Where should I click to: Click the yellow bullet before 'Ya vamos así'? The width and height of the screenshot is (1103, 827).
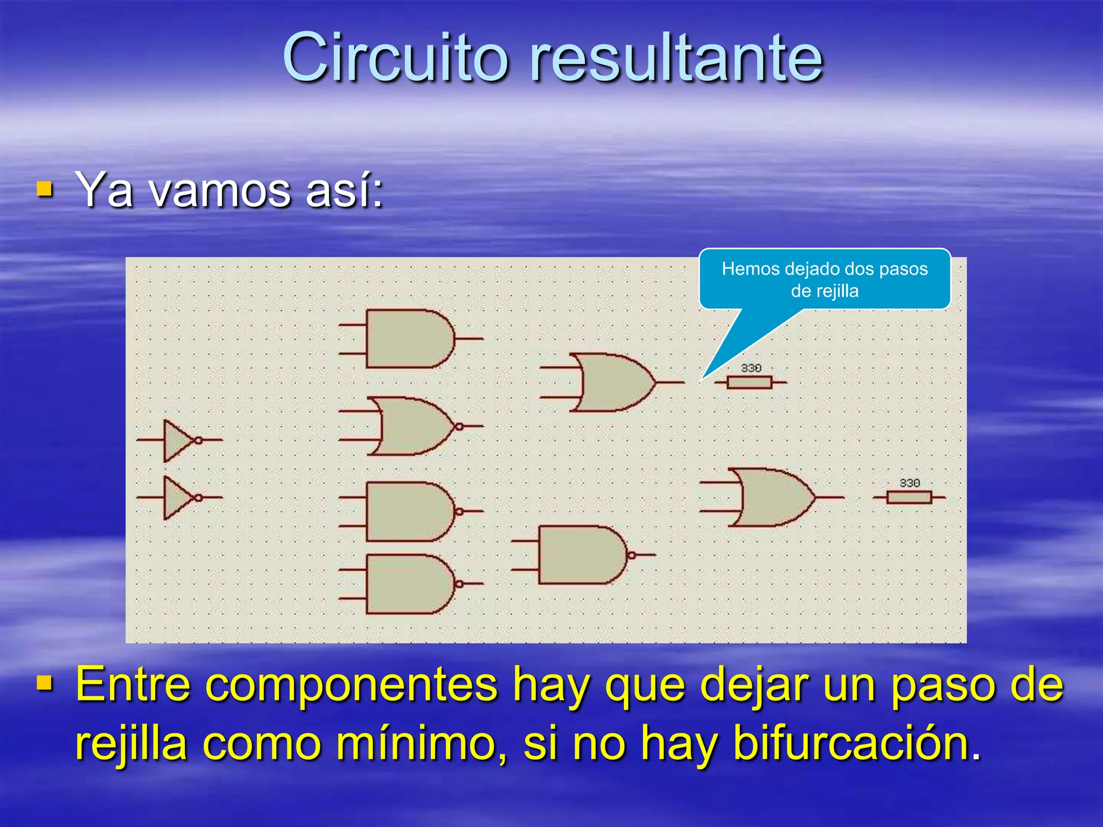(45, 189)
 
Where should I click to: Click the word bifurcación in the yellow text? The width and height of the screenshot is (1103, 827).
(856, 743)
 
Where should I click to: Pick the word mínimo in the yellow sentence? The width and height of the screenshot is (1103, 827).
(421, 743)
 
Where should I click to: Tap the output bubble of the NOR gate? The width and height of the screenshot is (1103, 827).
(459, 426)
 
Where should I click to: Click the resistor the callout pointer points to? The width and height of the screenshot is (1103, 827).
(749, 382)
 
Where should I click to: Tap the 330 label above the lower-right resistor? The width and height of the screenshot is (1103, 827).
(909, 483)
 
